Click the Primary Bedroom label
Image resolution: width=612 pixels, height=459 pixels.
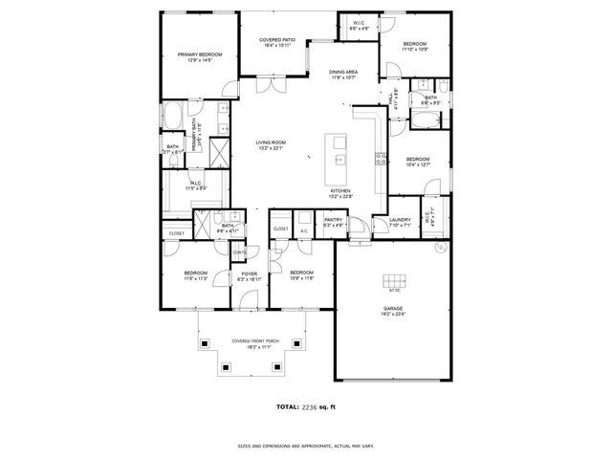pos(199,55)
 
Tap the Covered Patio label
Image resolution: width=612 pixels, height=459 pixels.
pos(277,40)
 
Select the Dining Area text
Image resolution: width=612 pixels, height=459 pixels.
pos(343,73)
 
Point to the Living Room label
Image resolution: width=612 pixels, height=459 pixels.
pos(271,142)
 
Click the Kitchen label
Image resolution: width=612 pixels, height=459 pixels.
pos(340,191)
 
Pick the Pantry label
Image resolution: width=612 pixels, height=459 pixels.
pos(333,220)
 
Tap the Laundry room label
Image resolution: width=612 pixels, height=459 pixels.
pos(400,220)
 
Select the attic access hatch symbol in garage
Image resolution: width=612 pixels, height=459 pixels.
pos(394,280)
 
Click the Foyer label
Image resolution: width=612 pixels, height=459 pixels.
pos(249,274)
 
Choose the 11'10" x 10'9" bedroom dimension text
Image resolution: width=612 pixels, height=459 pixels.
pos(414,49)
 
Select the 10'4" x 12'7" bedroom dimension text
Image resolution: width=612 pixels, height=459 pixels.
pos(418,165)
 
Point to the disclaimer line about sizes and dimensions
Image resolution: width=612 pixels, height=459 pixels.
pos(305,445)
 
